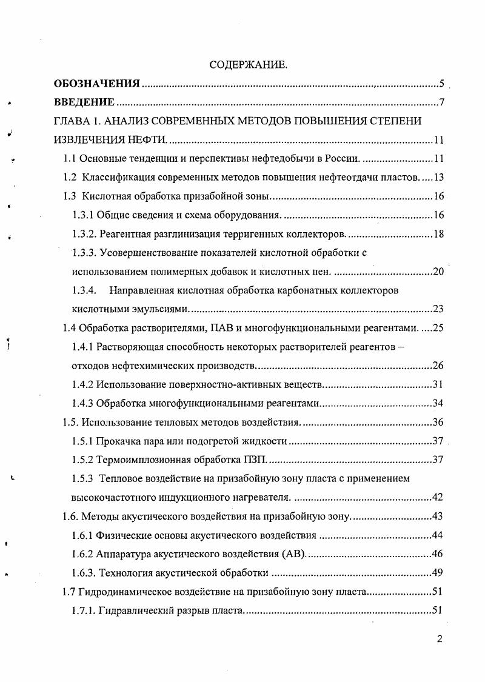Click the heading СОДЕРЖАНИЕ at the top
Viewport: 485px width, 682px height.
tap(248, 64)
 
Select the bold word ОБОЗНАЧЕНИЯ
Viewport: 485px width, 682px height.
tap(97, 83)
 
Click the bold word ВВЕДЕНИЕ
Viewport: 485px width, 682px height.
tap(84, 101)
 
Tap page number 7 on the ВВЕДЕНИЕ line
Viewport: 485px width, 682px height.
tap(443, 102)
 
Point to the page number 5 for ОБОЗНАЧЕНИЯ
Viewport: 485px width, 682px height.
tap(443, 84)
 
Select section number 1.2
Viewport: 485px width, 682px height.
tap(72, 178)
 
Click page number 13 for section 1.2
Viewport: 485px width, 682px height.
tap(440, 178)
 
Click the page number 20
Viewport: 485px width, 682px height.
tap(440, 272)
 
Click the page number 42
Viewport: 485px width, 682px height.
tap(440, 498)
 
